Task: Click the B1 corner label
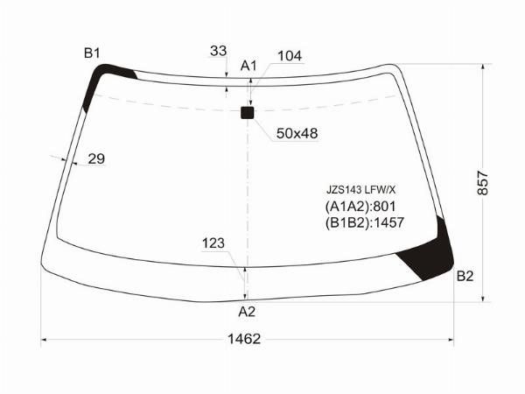coord(92,53)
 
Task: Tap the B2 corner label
coord(465,276)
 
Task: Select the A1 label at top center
coord(248,66)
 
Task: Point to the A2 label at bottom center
coord(247,312)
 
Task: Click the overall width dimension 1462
coord(244,339)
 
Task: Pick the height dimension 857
coord(483,183)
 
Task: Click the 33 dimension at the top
coord(218,51)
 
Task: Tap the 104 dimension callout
coord(290,56)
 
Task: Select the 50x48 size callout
coord(297,133)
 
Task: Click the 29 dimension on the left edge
coord(96,158)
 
